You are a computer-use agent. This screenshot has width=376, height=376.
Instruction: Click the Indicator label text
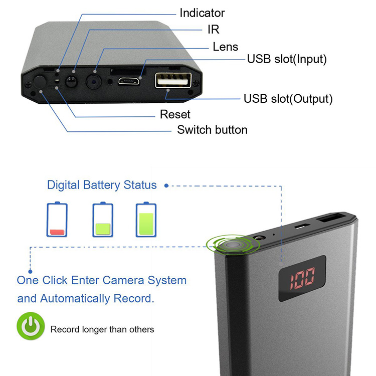pyautogui.click(x=202, y=13)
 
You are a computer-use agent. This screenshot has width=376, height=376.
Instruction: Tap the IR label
pyautogui.click(x=213, y=30)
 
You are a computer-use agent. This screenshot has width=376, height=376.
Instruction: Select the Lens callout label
pyautogui.click(x=225, y=47)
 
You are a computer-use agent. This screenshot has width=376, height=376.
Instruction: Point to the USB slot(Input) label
pyautogui.click(x=287, y=59)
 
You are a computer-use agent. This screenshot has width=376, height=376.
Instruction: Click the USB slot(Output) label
pyautogui.click(x=288, y=98)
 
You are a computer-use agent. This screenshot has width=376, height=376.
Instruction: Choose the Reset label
pyautogui.click(x=175, y=114)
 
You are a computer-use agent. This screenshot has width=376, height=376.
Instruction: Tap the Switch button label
pyautogui.click(x=212, y=130)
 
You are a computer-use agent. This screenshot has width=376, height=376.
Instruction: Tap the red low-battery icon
pyautogui.click(x=57, y=220)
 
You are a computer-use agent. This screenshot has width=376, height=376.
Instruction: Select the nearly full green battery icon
pyautogui.click(x=146, y=220)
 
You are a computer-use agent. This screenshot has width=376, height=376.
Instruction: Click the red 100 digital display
pyautogui.click(x=302, y=277)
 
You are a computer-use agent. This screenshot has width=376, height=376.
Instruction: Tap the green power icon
pyautogui.click(x=31, y=326)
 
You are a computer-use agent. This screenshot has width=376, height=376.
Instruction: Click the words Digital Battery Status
pyautogui.click(x=102, y=185)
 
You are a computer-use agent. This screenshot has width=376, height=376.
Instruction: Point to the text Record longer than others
pyautogui.click(x=102, y=329)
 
